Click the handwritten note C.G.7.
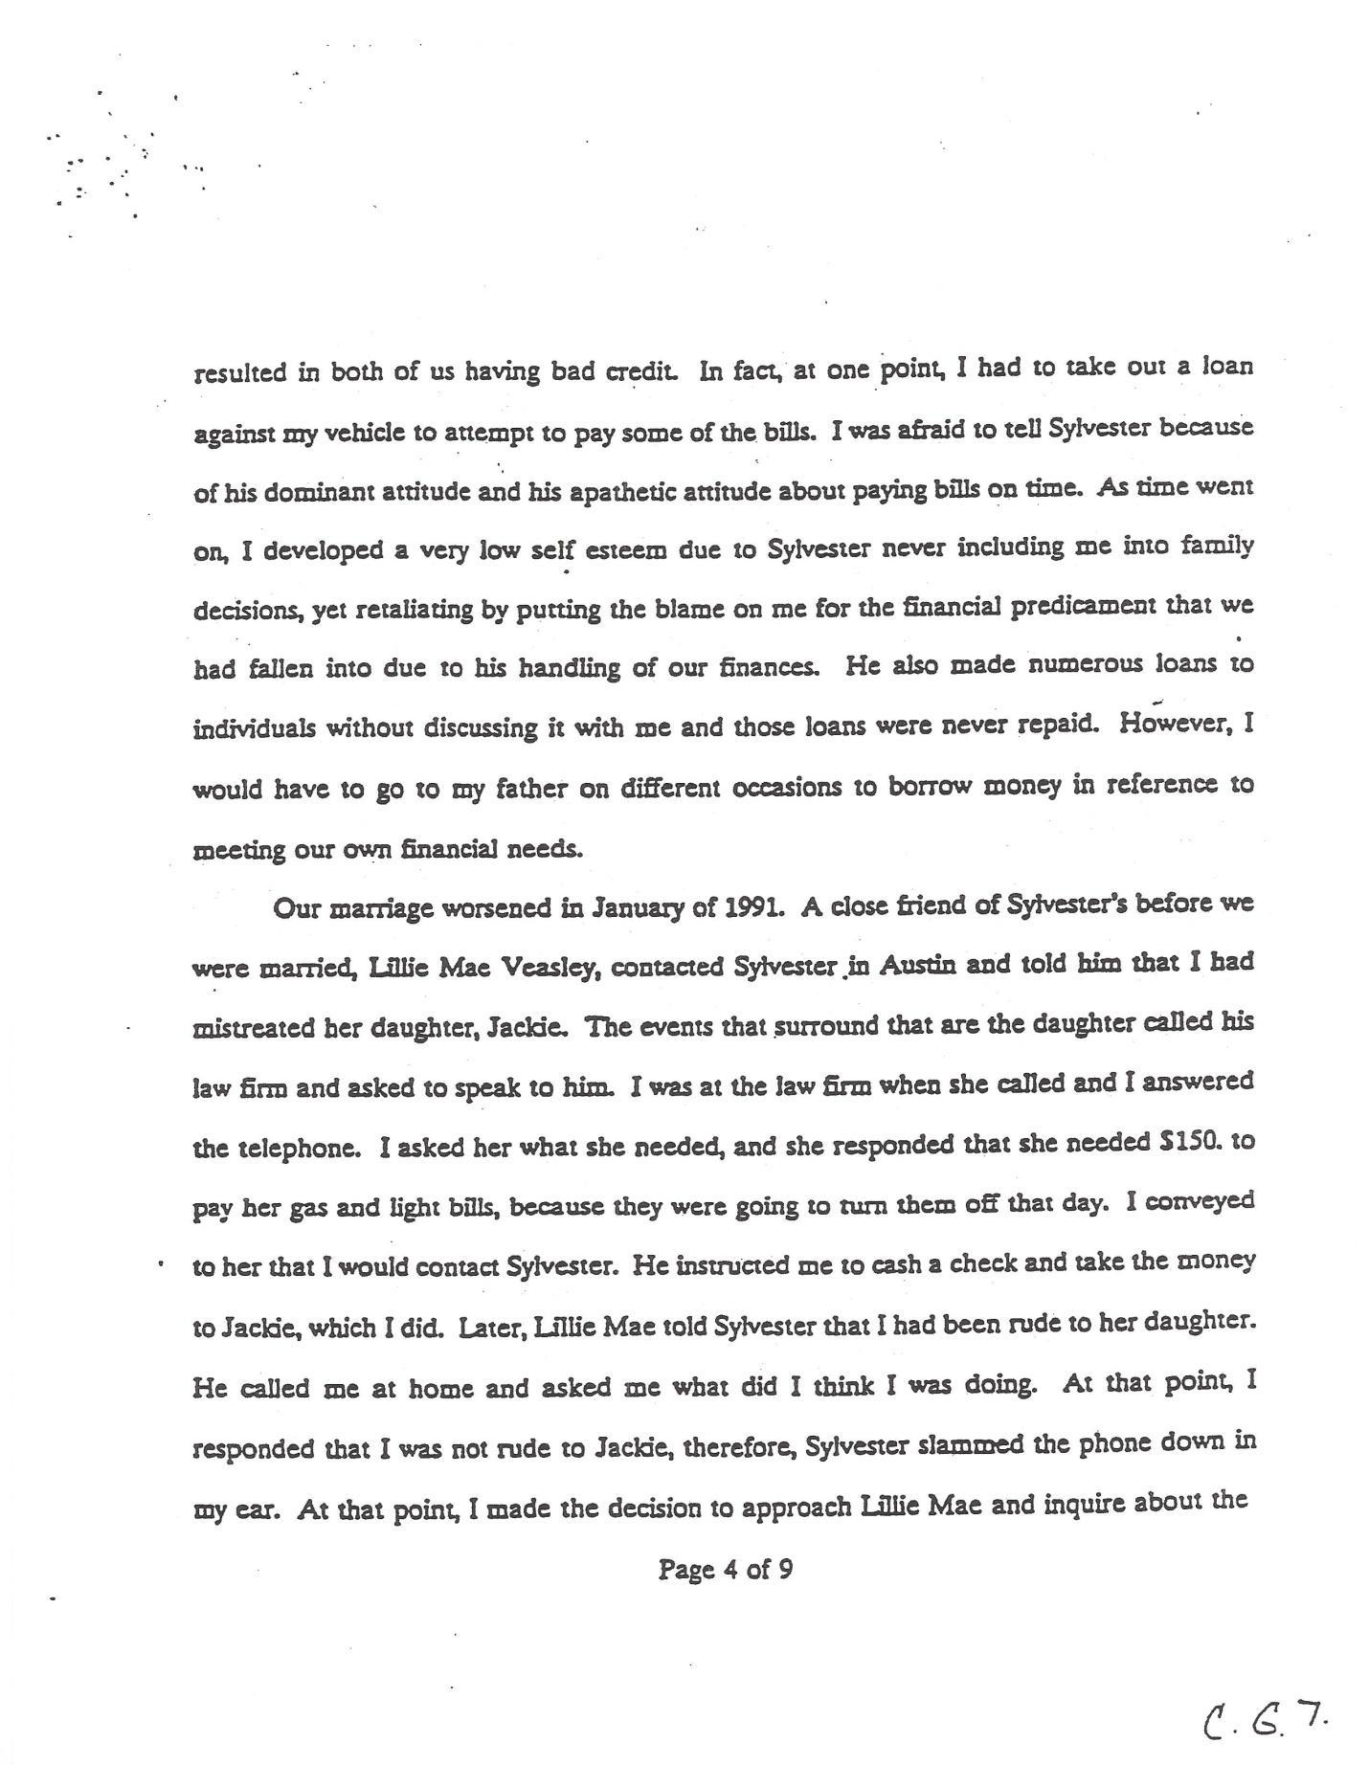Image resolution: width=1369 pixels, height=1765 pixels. click(1265, 1724)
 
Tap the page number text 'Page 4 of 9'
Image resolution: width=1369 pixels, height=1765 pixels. click(725, 1570)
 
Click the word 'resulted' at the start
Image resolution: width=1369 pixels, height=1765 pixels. click(240, 373)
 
